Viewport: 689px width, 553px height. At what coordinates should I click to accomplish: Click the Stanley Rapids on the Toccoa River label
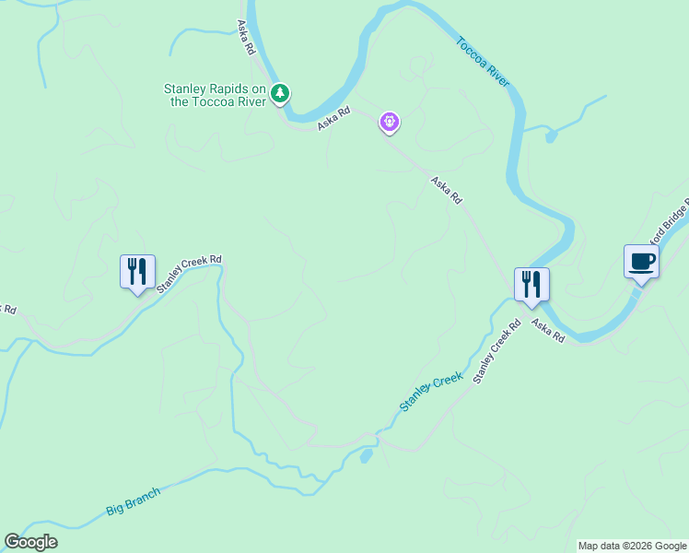click(x=215, y=95)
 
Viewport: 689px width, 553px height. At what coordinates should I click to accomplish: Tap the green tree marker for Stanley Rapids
click(x=281, y=93)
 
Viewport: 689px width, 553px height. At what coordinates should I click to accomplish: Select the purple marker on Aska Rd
click(x=391, y=123)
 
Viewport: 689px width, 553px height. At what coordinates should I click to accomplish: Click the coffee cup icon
click(x=641, y=262)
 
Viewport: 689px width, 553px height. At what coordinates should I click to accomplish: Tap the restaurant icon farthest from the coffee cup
click(x=138, y=272)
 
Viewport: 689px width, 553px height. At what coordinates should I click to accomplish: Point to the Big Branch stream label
click(x=133, y=500)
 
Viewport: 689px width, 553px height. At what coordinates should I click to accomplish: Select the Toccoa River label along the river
click(x=483, y=62)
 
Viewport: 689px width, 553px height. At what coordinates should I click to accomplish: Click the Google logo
click(x=30, y=542)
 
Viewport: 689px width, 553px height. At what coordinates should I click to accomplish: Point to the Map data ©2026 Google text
click(x=632, y=546)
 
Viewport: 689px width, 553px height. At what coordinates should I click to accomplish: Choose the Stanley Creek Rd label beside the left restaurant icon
click(x=189, y=273)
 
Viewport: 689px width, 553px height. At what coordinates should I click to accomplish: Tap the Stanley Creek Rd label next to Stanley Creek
click(x=496, y=351)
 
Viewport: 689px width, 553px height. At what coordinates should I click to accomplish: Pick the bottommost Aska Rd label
click(x=547, y=333)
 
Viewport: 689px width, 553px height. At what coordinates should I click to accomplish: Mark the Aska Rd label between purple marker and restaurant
click(x=446, y=191)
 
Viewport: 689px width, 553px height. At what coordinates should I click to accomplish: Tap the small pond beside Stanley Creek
click(x=367, y=455)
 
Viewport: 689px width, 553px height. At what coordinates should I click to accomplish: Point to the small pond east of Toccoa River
click(x=551, y=137)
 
